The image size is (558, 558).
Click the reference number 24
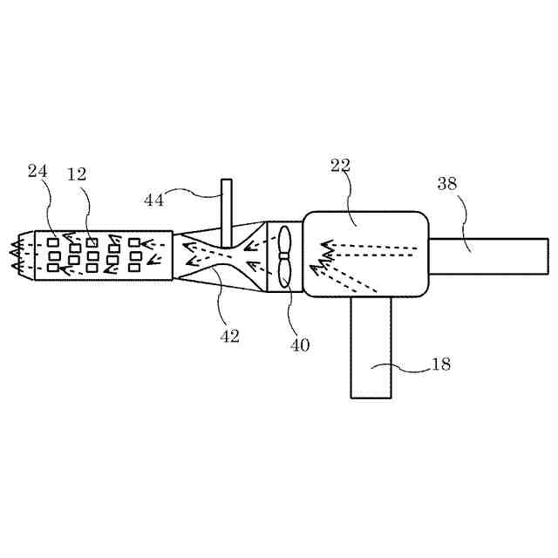click(x=37, y=172)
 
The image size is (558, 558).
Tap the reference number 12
click(x=77, y=174)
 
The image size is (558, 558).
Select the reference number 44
click(x=154, y=200)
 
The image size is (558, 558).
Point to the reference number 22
click(x=341, y=164)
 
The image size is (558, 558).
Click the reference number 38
click(x=447, y=184)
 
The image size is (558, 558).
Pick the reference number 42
click(x=229, y=337)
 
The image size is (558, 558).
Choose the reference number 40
click(x=300, y=344)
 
